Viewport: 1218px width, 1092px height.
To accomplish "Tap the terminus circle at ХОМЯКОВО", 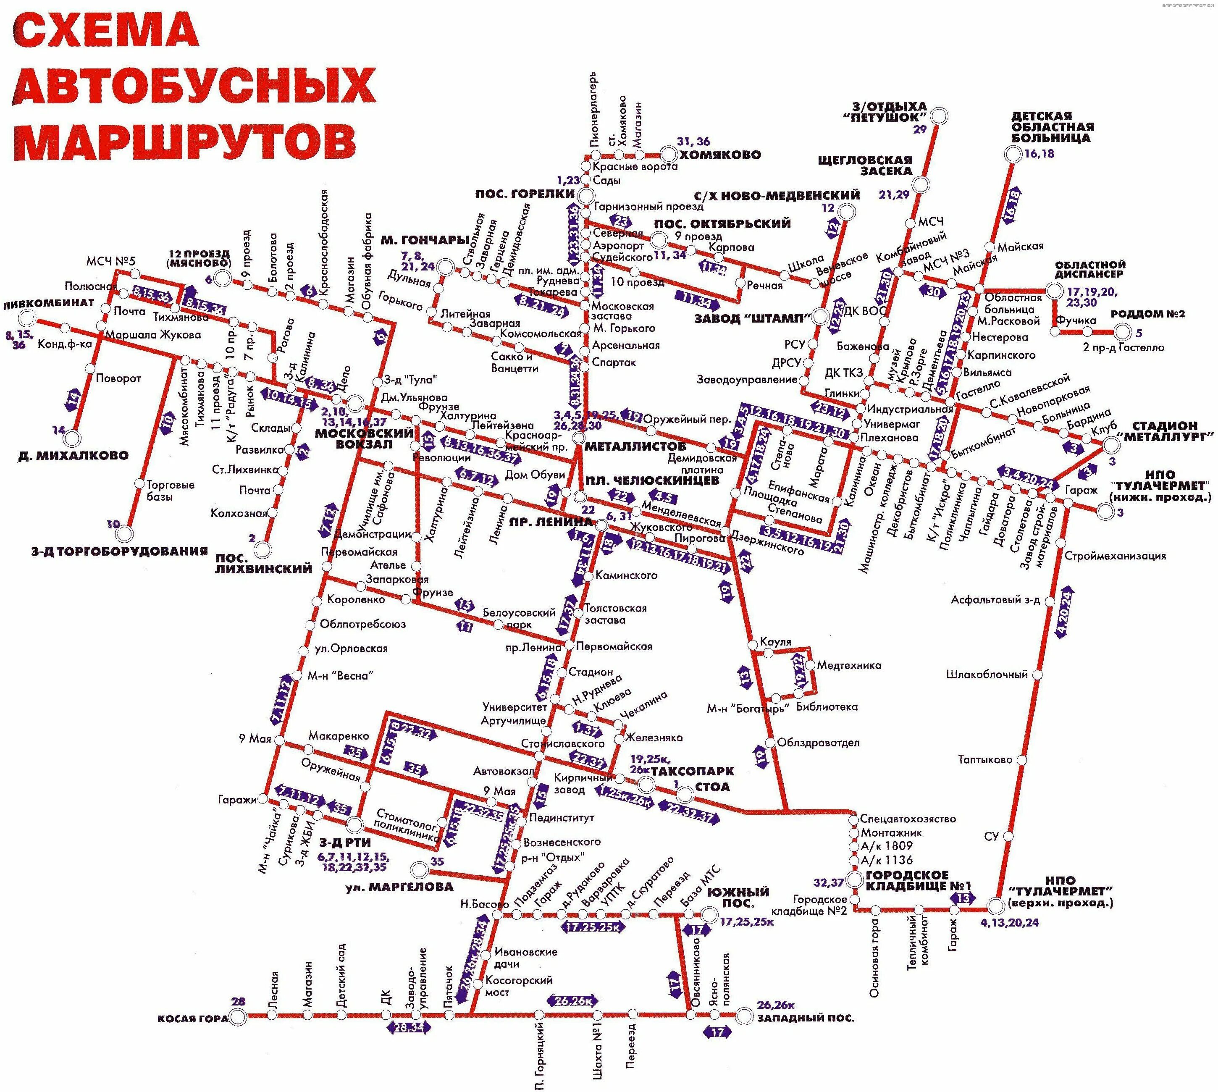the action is point(668,155).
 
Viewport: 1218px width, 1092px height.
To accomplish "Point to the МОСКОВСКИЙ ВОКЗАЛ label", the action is point(364,438).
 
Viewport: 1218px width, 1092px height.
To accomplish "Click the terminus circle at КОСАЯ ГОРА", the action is point(238,1016).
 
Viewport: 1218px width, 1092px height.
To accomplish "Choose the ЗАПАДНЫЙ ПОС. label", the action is point(805,1018).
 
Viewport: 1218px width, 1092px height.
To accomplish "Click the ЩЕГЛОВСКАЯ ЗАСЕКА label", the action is point(865,165).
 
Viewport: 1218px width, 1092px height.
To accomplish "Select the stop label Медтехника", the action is point(849,665).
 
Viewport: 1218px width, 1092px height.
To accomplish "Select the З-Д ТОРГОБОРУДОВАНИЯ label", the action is point(119,551).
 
